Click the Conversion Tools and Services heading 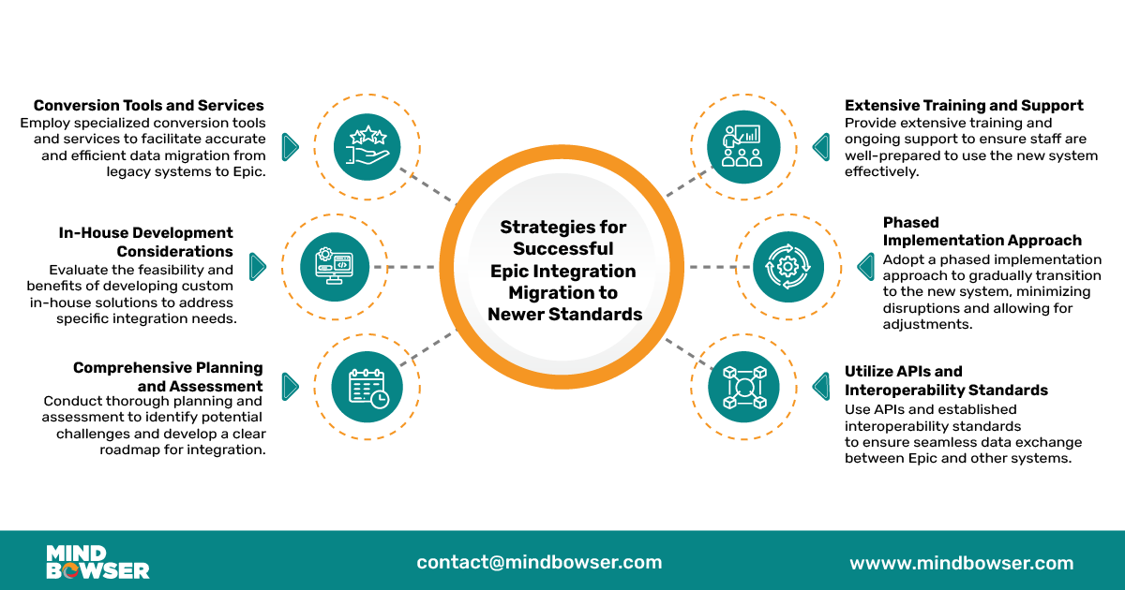(149, 106)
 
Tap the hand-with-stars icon (367, 146)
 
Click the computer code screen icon (336, 267)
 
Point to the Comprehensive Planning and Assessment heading (168, 376)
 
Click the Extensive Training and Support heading (964, 106)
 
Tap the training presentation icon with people (742, 146)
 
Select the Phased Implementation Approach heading (982, 231)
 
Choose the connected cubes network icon (743, 387)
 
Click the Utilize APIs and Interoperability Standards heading (946, 380)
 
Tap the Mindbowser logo (97, 562)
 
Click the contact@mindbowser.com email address (539, 563)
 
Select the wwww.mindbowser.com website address (961, 563)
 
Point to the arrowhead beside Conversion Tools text (290, 146)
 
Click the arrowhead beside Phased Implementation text (865, 267)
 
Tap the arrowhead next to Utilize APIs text (821, 387)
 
